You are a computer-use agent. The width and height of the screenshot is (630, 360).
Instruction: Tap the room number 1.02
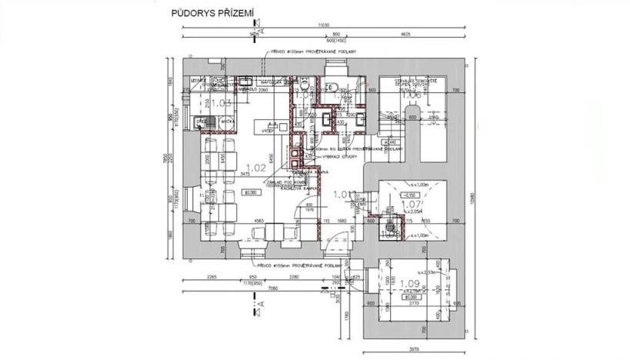tap(255, 167)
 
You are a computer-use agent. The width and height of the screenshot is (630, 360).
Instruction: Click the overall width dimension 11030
tap(323, 25)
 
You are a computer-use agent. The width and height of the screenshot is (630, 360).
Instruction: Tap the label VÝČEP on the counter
tap(268, 132)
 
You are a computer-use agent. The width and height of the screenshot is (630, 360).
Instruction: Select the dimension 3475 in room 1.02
tap(245, 175)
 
